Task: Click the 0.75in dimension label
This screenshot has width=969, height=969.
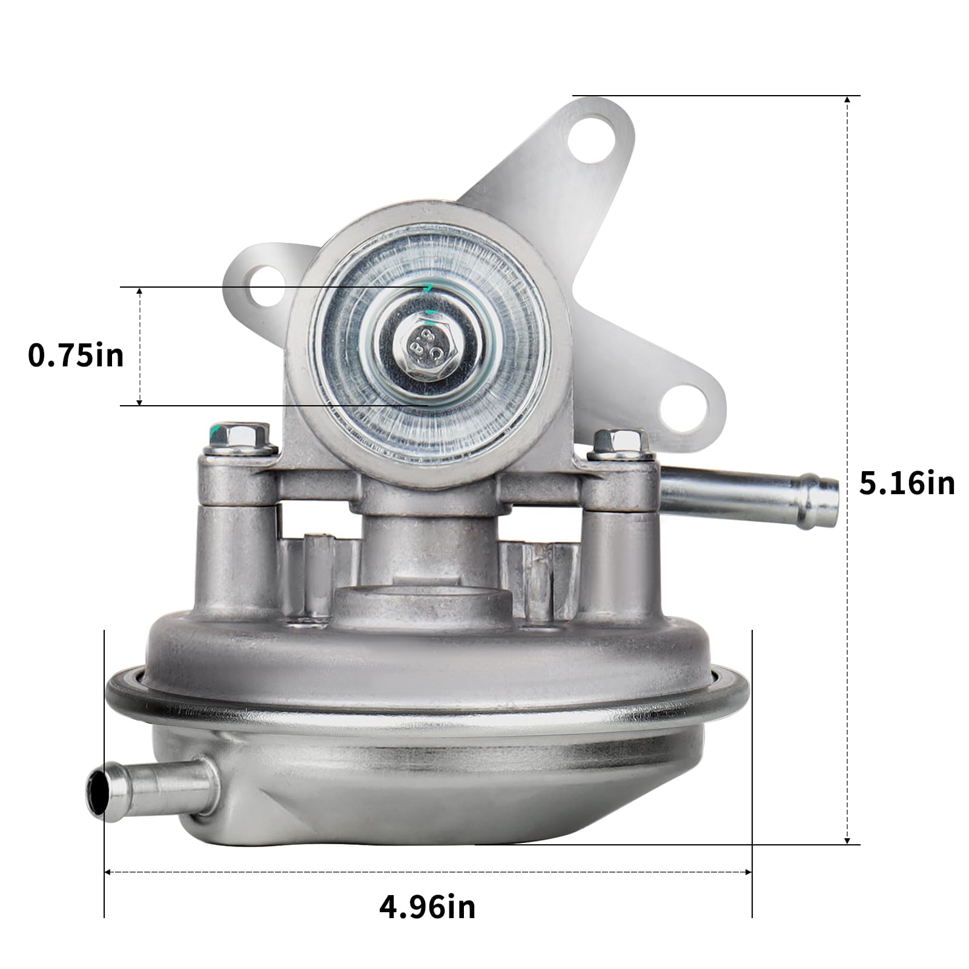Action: click(76, 356)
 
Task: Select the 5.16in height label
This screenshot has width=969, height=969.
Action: click(907, 484)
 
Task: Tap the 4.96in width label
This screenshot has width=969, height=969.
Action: click(428, 907)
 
